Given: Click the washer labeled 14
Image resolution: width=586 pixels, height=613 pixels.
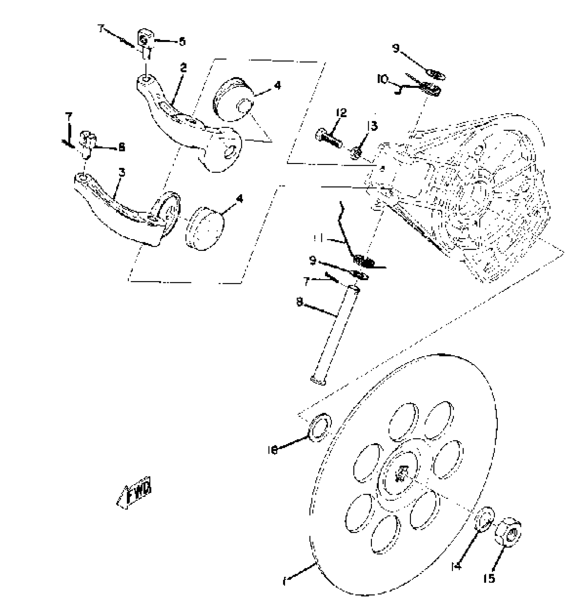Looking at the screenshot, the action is pos(485,518).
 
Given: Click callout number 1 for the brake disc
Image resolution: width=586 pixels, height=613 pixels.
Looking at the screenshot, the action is pos(284,582).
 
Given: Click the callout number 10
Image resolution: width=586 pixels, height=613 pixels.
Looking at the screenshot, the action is pos(383,80).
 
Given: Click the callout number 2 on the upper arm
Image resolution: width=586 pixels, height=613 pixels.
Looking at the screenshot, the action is pos(183,68).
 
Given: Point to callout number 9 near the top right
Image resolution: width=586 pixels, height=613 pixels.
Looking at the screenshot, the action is pos(396,49).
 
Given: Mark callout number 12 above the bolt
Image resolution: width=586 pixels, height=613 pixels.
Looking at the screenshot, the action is pos(341,113).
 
